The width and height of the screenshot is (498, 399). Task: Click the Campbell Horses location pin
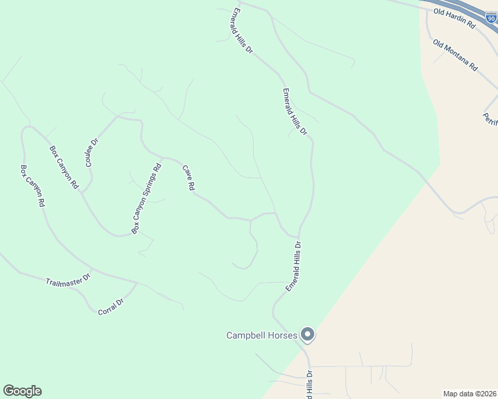tap(307, 334)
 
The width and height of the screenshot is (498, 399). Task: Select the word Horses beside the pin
tap(284, 335)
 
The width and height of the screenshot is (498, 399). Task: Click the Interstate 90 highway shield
tap(491, 17)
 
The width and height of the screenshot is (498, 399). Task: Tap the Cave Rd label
tap(188, 179)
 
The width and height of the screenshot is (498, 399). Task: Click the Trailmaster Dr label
tap(68, 281)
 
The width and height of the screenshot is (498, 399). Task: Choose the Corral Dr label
tap(111, 307)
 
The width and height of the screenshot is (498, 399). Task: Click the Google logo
tap(22, 391)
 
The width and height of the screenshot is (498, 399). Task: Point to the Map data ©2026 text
tap(469, 393)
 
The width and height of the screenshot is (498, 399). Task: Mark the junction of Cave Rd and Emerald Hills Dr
tap(296, 236)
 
